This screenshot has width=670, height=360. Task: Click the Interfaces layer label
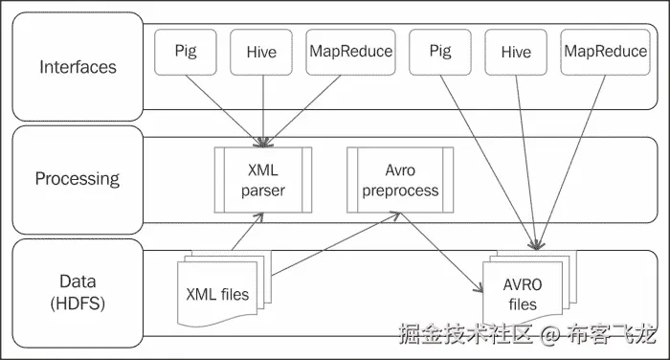pyautogui.click(x=78, y=67)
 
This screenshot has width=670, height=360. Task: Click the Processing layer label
pyautogui.click(x=78, y=178)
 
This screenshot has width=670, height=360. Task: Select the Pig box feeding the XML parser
pyautogui.click(x=186, y=52)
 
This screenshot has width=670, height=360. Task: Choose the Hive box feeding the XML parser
pyautogui.click(x=262, y=52)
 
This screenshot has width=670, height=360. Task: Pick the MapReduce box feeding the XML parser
pyautogui.click(x=350, y=52)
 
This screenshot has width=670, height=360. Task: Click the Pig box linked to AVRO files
pyautogui.click(x=440, y=52)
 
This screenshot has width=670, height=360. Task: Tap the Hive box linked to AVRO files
pyautogui.click(x=516, y=52)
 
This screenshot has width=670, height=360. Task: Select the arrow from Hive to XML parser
pyautogui.click(x=262, y=105)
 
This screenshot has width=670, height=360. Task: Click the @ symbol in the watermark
pyautogui.click(x=548, y=334)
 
